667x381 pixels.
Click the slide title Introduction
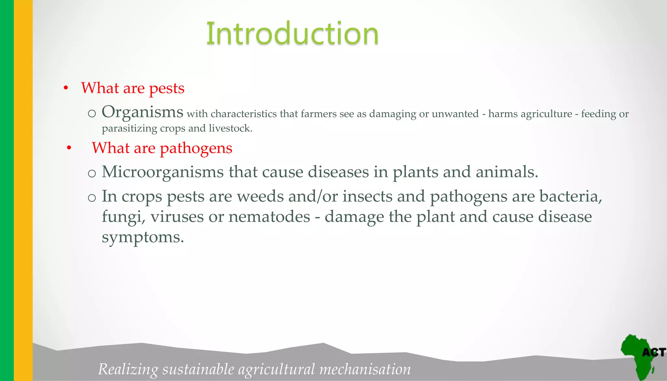(292, 33)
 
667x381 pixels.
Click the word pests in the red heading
(166, 88)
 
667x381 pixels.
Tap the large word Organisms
(142, 112)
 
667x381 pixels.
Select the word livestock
(230, 128)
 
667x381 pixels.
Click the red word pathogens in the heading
(196, 148)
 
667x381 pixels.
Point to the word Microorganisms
(162, 172)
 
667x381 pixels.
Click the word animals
(506, 172)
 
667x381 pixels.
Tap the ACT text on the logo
(653, 353)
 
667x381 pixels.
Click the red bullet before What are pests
(66, 88)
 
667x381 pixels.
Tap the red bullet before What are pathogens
(69, 148)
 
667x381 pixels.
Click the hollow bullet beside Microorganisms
(92, 174)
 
